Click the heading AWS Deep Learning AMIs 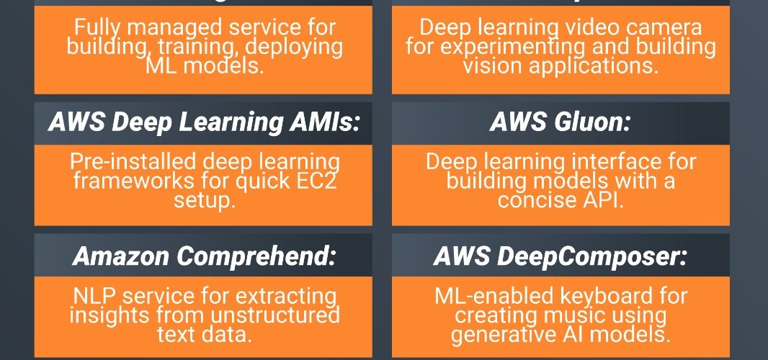coord(204,122)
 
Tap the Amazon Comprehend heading coord(204,256)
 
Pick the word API coord(601,199)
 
